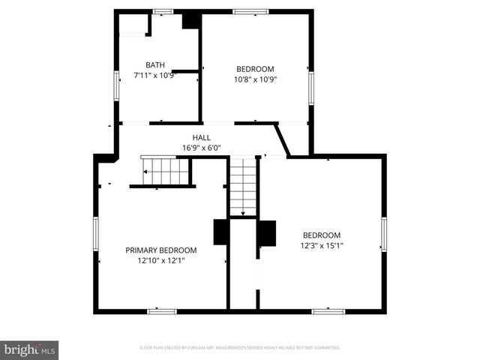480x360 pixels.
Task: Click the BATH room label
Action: coord(156,65)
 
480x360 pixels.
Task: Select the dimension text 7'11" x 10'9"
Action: coord(156,75)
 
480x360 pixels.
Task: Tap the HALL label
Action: coord(201,137)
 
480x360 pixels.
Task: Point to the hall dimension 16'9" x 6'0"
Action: coord(201,148)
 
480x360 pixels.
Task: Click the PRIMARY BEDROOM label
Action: coord(160,250)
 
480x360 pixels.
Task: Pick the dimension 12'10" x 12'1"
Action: coord(160,261)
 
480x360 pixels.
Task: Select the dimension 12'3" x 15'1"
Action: coord(321,245)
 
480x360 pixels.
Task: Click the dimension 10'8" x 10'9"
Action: coord(255,79)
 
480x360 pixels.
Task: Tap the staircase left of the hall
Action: coord(166,172)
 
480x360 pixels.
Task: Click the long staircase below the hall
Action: coord(242,185)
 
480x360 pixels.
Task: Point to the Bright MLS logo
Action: coord(30,349)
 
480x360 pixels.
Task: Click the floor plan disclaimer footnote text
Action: coord(240,348)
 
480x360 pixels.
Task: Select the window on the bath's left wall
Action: coord(116,85)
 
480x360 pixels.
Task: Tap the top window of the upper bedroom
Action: coord(250,11)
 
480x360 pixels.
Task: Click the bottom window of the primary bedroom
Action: coord(162,310)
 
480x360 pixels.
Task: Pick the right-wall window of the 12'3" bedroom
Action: coord(383,234)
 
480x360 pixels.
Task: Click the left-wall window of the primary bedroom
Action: coord(95,234)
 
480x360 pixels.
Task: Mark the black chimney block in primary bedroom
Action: coord(221,232)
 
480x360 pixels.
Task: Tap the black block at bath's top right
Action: coord(190,20)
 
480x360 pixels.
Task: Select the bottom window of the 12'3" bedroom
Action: coord(328,310)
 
